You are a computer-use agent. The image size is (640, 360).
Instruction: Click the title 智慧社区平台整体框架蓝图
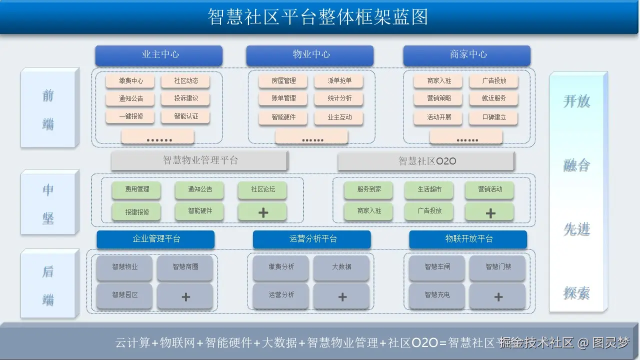pos(318,16)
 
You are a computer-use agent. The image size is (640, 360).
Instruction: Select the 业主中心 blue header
pos(159,55)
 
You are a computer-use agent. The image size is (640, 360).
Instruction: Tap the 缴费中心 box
pos(130,81)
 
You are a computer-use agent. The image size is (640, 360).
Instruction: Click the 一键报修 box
pos(130,116)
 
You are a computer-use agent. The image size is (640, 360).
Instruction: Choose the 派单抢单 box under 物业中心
pos(339,81)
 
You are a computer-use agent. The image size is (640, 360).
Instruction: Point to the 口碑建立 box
pos(493,117)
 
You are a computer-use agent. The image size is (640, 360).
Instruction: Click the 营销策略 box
pos(438,98)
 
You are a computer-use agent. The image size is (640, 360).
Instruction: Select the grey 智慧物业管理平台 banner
pos(199,160)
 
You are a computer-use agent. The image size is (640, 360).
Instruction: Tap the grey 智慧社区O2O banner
pos(426,161)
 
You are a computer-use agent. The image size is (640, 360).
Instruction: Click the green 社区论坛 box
pos(262,189)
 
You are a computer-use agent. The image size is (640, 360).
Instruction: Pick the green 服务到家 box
pos(368,190)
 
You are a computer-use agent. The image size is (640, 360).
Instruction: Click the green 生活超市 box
pos(429,190)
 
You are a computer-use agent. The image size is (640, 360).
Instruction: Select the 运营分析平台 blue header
pos(312,239)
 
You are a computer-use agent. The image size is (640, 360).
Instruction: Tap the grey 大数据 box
pos(341,267)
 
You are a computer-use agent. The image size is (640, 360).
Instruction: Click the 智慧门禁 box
pos(497,267)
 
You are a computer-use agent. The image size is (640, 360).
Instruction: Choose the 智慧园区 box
pos(124,295)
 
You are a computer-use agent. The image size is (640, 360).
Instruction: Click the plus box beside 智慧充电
pos(497,297)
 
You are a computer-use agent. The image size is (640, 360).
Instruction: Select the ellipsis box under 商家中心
pos(466,137)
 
